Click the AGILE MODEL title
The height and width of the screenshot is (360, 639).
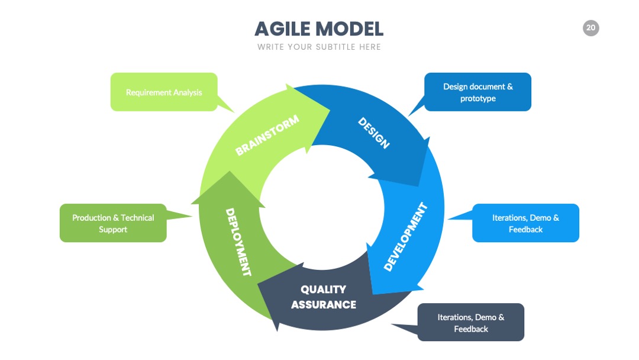click(319, 29)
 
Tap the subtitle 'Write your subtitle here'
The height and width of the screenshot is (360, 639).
click(319, 47)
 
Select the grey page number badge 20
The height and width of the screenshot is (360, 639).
click(591, 28)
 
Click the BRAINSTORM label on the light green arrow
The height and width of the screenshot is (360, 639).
click(267, 135)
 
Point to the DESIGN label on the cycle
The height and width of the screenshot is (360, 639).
click(374, 133)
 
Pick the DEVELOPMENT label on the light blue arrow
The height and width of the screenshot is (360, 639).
click(406, 237)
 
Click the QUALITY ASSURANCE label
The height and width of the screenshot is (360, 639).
click(324, 297)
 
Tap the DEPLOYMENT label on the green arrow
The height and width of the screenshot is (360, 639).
click(238, 242)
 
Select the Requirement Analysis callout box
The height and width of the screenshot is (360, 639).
click(164, 92)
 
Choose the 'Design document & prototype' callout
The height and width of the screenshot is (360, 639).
click(477, 92)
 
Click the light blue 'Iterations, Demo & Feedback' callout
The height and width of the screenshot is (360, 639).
click(526, 223)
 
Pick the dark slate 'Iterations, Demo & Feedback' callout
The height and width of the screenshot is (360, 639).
click(471, 322)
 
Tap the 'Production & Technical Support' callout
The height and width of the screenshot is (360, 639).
click(113, 223)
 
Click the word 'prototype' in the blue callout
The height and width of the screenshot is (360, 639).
click(478, 98)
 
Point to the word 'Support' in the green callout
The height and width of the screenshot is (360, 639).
click(113, 230)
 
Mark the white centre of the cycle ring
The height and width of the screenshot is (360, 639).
click(322, 207)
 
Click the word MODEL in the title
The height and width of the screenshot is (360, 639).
click(350, 29)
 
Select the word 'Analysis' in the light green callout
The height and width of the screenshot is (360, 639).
click(188, 92)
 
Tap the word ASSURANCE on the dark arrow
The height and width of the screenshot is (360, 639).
click(324, 304)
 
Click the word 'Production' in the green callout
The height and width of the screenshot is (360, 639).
click(91, 218)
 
